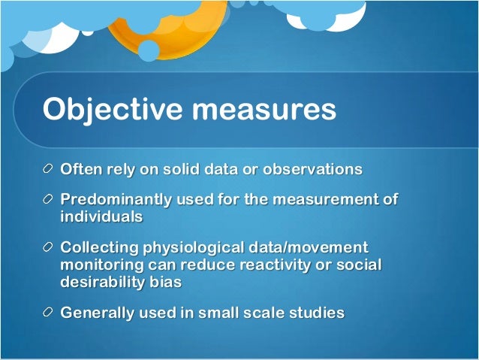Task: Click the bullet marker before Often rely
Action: (49, 169)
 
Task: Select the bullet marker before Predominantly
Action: (49, 201)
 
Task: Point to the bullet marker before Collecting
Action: (49, 248)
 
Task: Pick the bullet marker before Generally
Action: (49, 313)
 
